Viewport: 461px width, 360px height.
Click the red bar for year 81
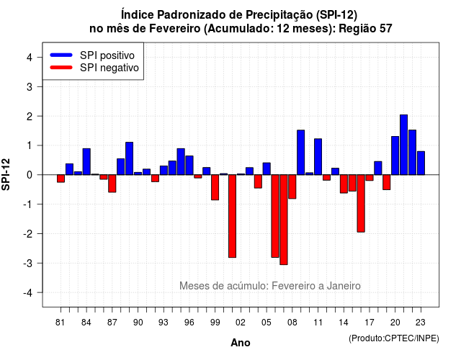click(x=61, y=179)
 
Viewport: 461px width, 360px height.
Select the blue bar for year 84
click(x=86, y=161)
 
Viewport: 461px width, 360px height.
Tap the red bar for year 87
click(x=112, y=184)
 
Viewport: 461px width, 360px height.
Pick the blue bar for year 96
click(x=189, y=165)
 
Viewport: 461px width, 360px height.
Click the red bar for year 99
click(x=215, y=187)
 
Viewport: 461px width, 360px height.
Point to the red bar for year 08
click(x=292, y=186)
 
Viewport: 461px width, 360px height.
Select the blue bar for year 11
click(x=318, y=157)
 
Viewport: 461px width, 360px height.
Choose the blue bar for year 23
click(x=421, y=163)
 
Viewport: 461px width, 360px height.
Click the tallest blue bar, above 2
click(x=403, y=145)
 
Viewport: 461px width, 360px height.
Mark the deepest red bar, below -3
click(x=284, y=220)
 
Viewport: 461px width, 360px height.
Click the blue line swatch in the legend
click(x=61, y=55)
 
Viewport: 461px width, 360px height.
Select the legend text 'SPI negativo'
click(x=109, y=68)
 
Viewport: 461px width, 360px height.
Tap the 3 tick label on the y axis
click(x=30, y=86)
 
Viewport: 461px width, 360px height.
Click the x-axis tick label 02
click(x=241, y=323)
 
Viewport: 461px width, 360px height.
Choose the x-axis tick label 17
click(x=370, y=323)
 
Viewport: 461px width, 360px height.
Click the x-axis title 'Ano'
click(x=241, y=343)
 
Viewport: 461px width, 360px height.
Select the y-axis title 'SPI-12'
click(x=6, y=174)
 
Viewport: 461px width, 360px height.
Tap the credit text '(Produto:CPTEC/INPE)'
click(x=394, y=338)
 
